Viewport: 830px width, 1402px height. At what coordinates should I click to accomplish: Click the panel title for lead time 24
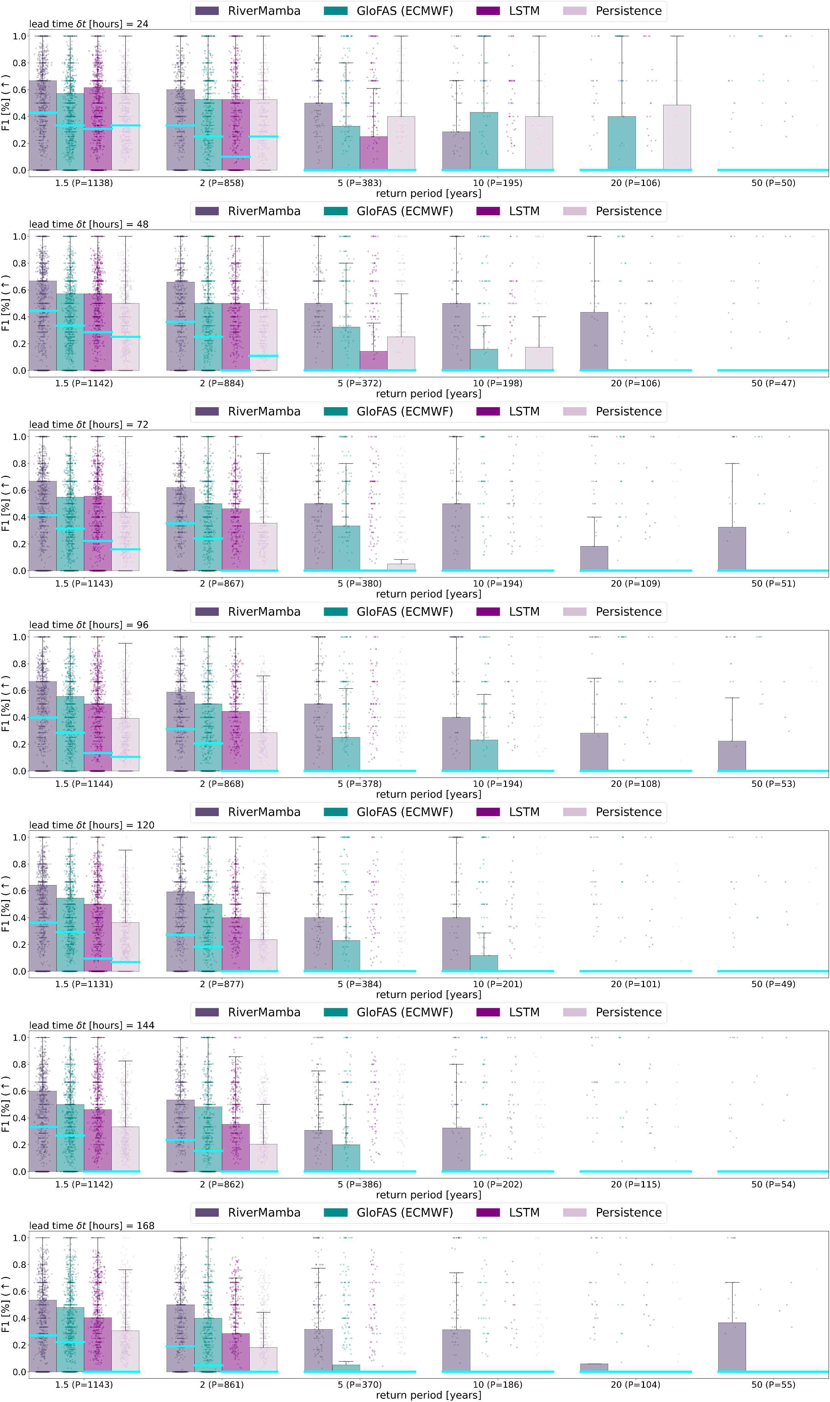pyautogui.click(x=88, y=24)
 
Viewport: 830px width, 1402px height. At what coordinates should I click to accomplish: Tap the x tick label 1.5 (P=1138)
pyautogui.click(x=84, y=183)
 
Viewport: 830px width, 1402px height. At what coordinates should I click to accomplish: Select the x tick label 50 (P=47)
pyautogui.click(x=773, y=383)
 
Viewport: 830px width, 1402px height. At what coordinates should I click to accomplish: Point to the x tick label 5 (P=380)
pyautogui.click(x=360, y=583)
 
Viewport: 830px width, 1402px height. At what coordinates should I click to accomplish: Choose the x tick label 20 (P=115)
pyautogui.click(x=635, y=1184)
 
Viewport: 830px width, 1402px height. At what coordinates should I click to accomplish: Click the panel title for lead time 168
pyautogui.click(x=92, y=1225)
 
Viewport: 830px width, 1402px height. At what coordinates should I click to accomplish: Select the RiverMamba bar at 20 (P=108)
pyautogui.click(x=594, y=752)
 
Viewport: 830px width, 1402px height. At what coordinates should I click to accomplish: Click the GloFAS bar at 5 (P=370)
pyautogui.click(x=346, y=1368)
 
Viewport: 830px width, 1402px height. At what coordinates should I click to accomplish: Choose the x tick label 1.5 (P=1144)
pyautogui.click(x=84, y=783)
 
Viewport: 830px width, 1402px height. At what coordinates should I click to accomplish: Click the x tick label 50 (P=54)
pyautogui.click(x=773, y=1184)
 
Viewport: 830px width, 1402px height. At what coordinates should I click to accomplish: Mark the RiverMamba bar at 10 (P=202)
pyautogui.click(x=456, y=1149)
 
